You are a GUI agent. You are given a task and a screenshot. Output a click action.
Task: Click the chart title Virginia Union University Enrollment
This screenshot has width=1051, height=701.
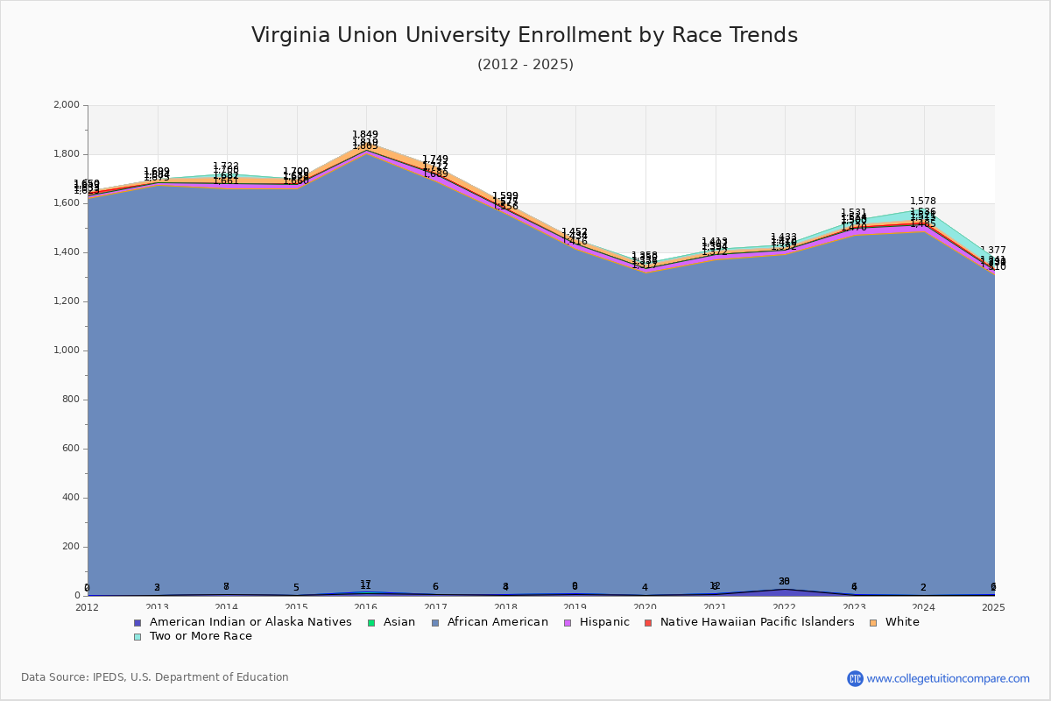point(525,35)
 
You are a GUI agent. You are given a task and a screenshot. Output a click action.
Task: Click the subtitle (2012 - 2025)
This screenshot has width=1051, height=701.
point(525,65)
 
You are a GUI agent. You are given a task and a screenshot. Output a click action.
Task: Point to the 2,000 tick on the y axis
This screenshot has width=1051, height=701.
point(67,105)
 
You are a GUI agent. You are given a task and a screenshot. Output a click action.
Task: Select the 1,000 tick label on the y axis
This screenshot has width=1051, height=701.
point(67,350)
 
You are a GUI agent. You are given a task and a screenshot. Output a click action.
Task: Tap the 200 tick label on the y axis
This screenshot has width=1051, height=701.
point(71,547)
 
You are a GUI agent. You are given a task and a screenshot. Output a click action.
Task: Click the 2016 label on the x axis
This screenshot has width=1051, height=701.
point(365,607)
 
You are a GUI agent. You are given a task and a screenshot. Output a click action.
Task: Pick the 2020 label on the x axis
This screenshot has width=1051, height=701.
point(645,607)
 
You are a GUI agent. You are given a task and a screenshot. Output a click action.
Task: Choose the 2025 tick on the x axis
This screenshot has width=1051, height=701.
point(993,607)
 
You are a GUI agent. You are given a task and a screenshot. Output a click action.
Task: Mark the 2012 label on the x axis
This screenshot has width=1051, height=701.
point(88,607)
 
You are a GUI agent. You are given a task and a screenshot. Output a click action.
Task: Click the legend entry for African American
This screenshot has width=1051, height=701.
point(497,622)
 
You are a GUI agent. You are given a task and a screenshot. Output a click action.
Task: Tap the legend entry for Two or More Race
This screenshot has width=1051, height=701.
point(201,636)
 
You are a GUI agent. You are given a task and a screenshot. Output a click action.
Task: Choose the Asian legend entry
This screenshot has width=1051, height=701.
point(399,622)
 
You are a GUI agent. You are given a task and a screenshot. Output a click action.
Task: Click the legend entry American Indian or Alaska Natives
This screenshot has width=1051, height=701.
point(250,622)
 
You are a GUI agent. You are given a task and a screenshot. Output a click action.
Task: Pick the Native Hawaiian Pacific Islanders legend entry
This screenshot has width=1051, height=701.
point(757,622)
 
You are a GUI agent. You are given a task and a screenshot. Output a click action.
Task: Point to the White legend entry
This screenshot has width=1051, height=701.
point(902,622)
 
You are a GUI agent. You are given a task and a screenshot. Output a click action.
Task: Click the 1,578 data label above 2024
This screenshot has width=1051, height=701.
point(923,202)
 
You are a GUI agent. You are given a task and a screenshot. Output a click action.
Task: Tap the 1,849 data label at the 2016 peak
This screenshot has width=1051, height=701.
point(365,135)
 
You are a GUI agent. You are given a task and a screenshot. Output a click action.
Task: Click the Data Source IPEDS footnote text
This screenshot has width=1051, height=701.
point(155,677)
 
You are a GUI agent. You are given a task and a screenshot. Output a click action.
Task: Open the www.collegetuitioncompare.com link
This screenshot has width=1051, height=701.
point(948,678)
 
